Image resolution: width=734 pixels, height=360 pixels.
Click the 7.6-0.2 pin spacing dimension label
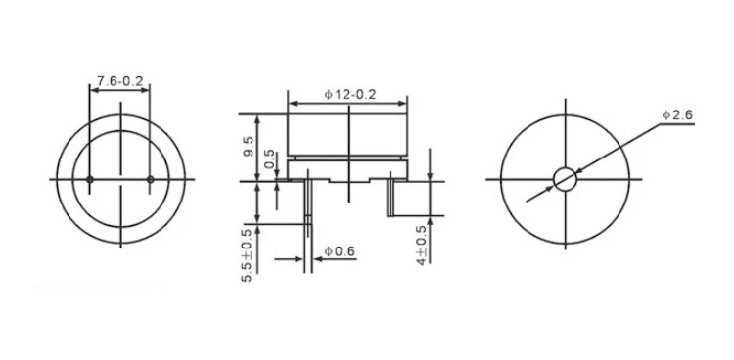point(119,81)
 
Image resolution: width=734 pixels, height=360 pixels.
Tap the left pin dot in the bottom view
point(90,179)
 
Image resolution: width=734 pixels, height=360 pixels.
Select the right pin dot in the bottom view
point(151,179)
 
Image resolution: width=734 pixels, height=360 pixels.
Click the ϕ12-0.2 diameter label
point(350,95)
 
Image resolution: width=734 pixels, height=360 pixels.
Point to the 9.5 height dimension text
point(249,147)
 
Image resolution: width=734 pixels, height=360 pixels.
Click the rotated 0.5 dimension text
point(270,159)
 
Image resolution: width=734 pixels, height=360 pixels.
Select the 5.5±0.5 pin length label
point(247,255)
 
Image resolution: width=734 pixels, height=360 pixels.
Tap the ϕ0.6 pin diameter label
point(341,251)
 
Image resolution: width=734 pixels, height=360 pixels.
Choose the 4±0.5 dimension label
point(422,246)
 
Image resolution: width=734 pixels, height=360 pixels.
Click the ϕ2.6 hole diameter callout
point(677,115)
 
